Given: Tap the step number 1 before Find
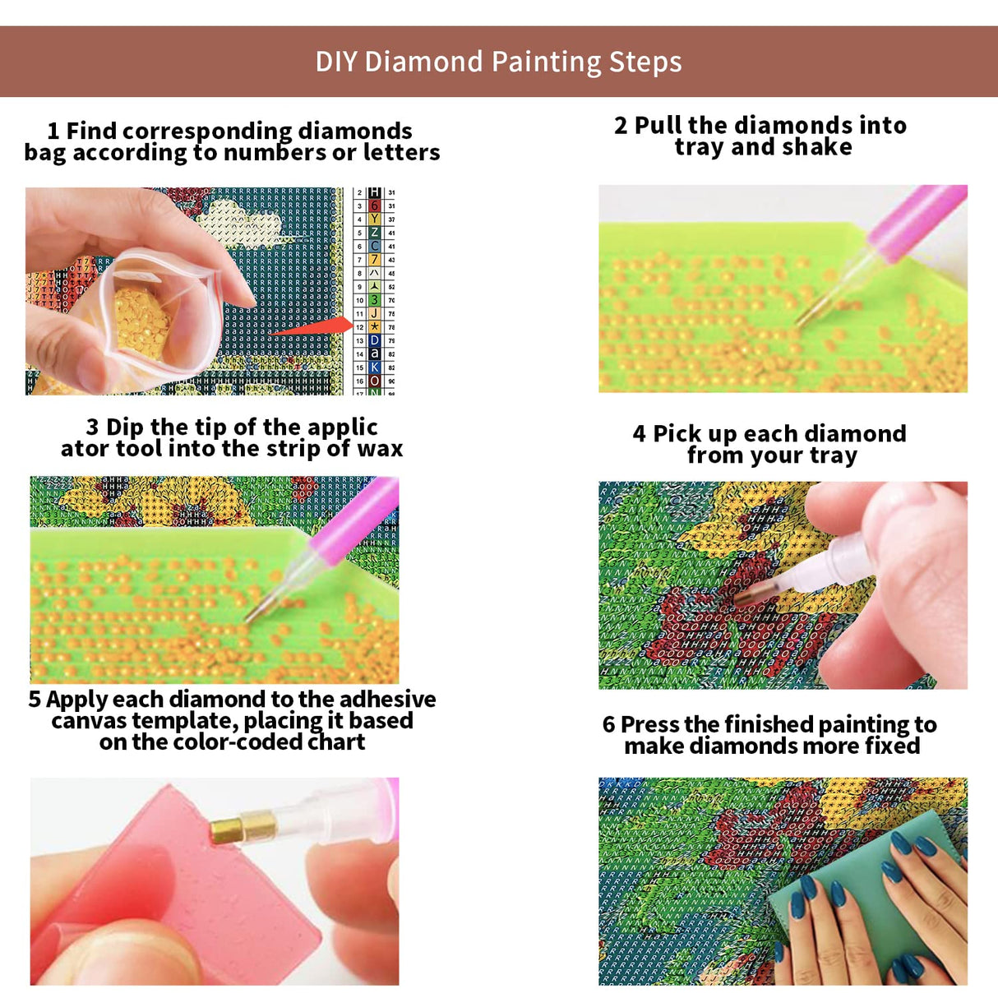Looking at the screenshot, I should (x=53, y=131).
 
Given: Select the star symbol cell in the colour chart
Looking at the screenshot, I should (x=375, y=326).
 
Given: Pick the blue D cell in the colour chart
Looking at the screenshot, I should (x=375, y=340).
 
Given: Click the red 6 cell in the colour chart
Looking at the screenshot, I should (x=375, y=206).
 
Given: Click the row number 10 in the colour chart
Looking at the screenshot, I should (x=359, y=300).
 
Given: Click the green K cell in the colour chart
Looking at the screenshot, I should (x=375, y=367).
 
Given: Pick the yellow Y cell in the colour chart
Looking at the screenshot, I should (x=375, y=219).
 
